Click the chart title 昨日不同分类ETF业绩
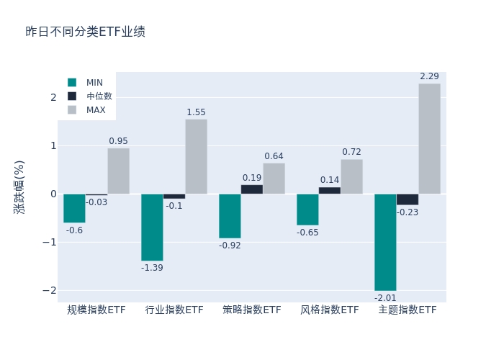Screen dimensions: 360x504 tap(85, 32)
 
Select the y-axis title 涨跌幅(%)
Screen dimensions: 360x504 tap(19, 186)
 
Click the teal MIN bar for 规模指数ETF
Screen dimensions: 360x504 tap(74, 208)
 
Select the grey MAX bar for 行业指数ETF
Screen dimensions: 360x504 tap(196, 156)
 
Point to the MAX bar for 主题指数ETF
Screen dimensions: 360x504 tap(429, 138)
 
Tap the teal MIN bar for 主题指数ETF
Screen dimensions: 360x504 tap(385, 242)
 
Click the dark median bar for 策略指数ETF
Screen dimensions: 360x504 tap(252, 189)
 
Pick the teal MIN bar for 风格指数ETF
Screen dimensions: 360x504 tap(307, 210)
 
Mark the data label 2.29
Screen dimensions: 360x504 tap(429, 76)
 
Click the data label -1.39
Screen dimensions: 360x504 tap(152, 268)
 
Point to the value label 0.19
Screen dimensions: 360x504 tap(252, 178)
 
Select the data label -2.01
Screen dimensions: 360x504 tap(385, 297)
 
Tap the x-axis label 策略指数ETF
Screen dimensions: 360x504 tap(252, 310)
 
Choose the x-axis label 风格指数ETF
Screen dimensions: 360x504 tap(330, 310)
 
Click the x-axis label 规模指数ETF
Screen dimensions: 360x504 tap(96, 310)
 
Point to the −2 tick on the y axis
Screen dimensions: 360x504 tap(50, 290)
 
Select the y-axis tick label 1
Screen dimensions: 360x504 tap(53, 145)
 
